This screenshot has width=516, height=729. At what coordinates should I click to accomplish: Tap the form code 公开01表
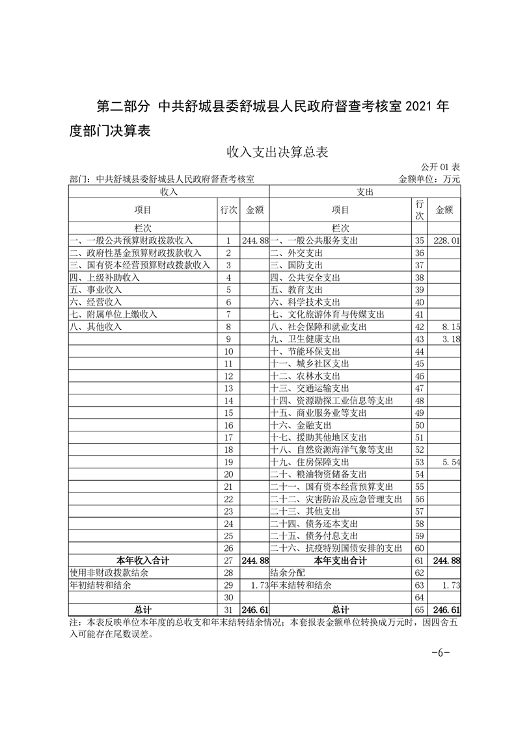[441, 167]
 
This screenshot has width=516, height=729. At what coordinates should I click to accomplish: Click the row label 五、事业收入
[96, 290]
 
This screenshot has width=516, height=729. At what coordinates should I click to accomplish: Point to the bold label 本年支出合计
[340, 560]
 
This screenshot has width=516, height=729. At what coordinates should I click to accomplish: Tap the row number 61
[419, 560]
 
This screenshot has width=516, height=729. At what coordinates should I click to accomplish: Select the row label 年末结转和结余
[300, 585]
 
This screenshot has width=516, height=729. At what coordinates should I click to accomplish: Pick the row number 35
[419, 240]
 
